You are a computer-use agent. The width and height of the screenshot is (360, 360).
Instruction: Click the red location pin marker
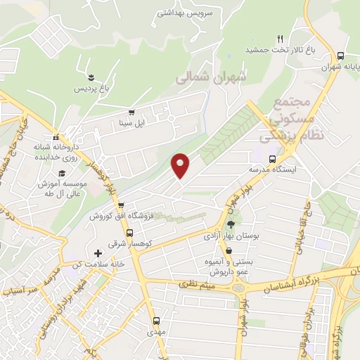coord(181,164)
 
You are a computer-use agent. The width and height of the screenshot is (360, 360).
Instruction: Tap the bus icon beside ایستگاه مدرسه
coord(273,159)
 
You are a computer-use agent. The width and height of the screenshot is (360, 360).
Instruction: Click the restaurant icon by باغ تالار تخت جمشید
coord(279,39)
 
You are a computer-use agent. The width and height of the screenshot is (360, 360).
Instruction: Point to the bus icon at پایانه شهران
coord(340,56)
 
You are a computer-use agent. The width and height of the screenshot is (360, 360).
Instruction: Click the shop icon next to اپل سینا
coord(131,112)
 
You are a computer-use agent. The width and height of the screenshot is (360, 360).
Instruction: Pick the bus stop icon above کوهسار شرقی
coord(129,233)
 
